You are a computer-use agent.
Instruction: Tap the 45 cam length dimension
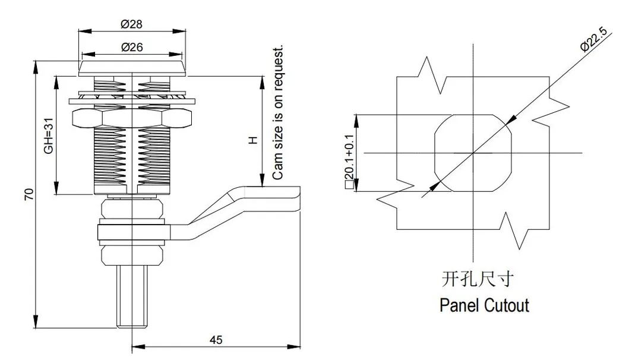click(x=216, y=340)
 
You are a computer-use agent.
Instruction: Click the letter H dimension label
click(x=252, y=140)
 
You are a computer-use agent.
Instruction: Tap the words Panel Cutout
click(x=484, y=306)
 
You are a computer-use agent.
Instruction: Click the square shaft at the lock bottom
click(x=131, y=297)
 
